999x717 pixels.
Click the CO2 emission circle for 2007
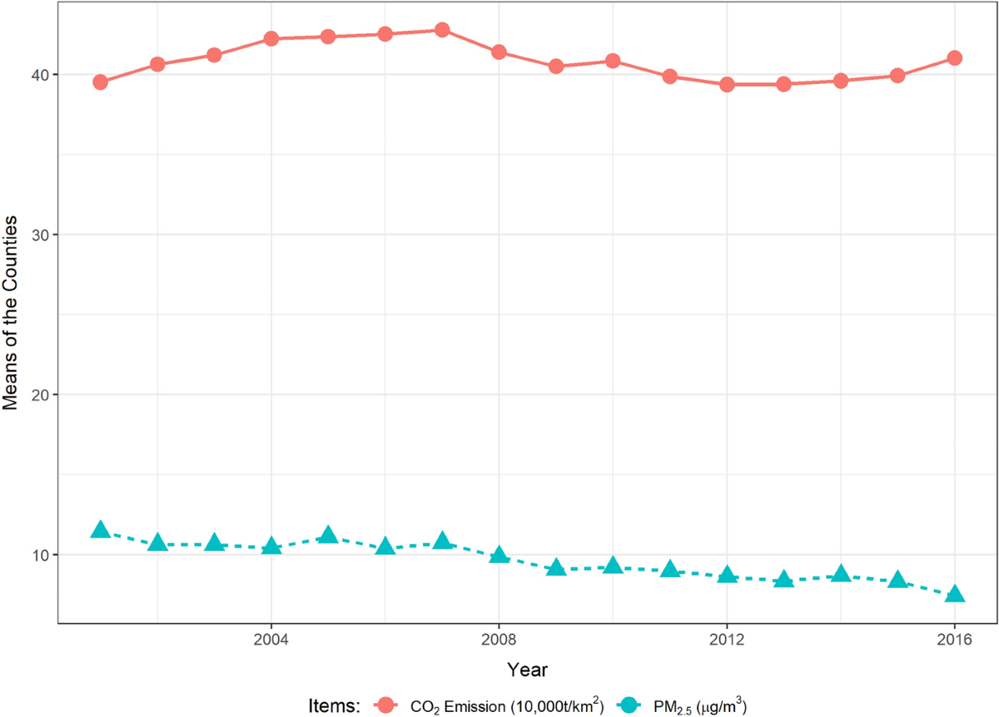point(442,30)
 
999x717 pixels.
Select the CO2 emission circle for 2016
point(955,58)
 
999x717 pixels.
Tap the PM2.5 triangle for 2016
point(955,594)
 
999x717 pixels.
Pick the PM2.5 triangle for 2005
point(328,535)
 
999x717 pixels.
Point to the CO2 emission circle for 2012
point(727,84)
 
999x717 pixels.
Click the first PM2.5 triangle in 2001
point(100,530)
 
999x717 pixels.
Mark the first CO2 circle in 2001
point(100,82)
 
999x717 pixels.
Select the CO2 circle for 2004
point(271,38)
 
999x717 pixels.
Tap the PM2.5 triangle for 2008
point(499,555)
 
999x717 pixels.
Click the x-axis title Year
point(527,669)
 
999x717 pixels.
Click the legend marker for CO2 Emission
point(389,705)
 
